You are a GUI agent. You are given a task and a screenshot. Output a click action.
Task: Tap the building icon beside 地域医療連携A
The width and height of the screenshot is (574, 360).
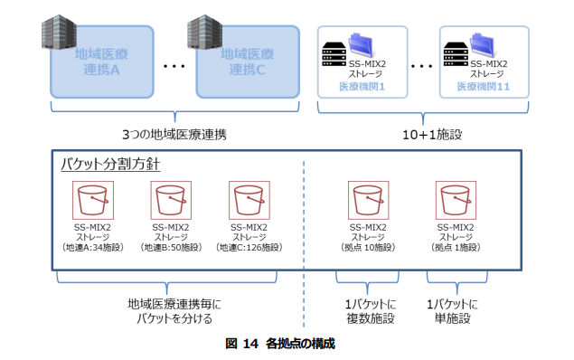pyautogui.click(x=54, y=32)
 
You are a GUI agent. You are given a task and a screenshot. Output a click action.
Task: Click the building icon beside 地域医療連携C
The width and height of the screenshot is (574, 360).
pyautogui.click(x=203, y=32)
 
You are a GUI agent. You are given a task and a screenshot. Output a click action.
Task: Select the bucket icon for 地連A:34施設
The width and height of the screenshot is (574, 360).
pyautogui.click(x=93, y=200)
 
